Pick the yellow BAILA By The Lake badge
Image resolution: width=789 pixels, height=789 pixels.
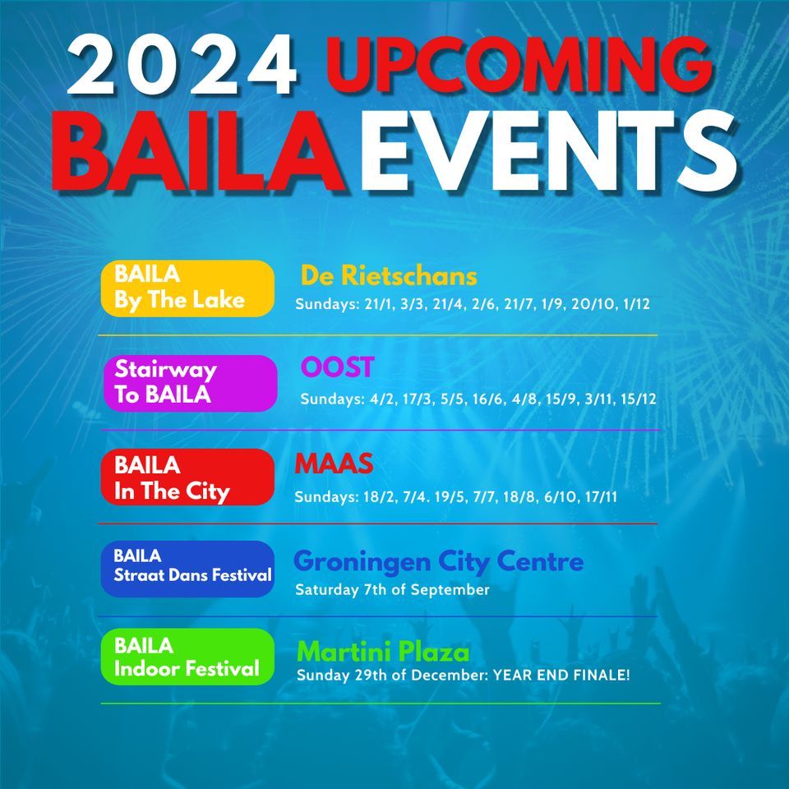point(187,288)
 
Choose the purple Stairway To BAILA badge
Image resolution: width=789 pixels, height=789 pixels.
point(190,382)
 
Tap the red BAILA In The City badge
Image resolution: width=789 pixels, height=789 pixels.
point(187,478)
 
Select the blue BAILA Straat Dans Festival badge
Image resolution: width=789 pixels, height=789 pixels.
point(187,568)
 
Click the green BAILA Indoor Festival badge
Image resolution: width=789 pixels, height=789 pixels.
point(187,657)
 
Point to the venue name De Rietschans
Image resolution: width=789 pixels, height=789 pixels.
point(389,275)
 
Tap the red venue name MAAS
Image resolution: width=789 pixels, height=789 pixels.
point(334,464)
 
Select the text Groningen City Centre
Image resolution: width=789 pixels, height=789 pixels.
point(438,562)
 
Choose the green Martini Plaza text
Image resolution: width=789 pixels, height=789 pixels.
point(383,653)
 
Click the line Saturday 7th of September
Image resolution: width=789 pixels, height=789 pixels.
point(392,590)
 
